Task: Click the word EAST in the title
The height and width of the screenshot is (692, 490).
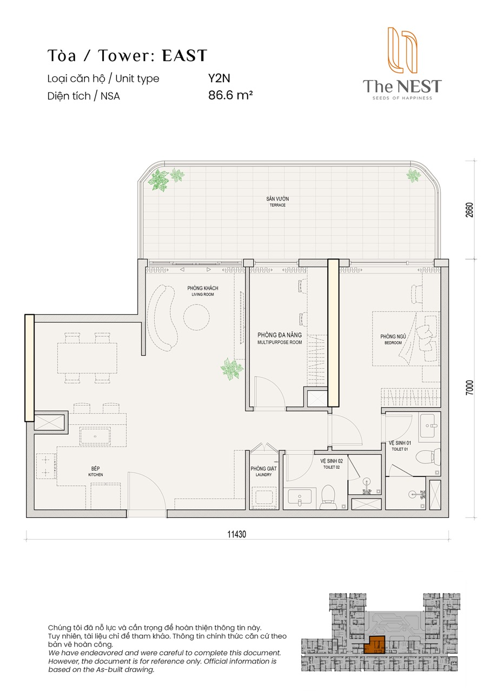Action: click(x=184, y=56)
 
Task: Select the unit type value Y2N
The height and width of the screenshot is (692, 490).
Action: click(x=219, y=78)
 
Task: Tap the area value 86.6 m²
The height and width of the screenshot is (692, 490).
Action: click(x=230, y=95)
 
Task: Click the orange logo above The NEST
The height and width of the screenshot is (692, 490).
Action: click(x=402, y=50)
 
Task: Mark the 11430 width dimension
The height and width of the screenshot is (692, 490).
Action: click(x=237, y=534)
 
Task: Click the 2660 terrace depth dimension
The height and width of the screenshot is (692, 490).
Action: click(x=469, y=210)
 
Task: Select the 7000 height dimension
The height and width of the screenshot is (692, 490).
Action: click(x=469, y=387)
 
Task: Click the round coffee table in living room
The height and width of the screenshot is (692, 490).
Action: click(x=196, y=317)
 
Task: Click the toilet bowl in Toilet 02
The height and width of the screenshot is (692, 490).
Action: click(x=328, y=496)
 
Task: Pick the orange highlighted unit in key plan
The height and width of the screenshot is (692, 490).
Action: click(x=374, y=645)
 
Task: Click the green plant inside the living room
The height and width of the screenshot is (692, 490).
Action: click(x=231, y=369)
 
